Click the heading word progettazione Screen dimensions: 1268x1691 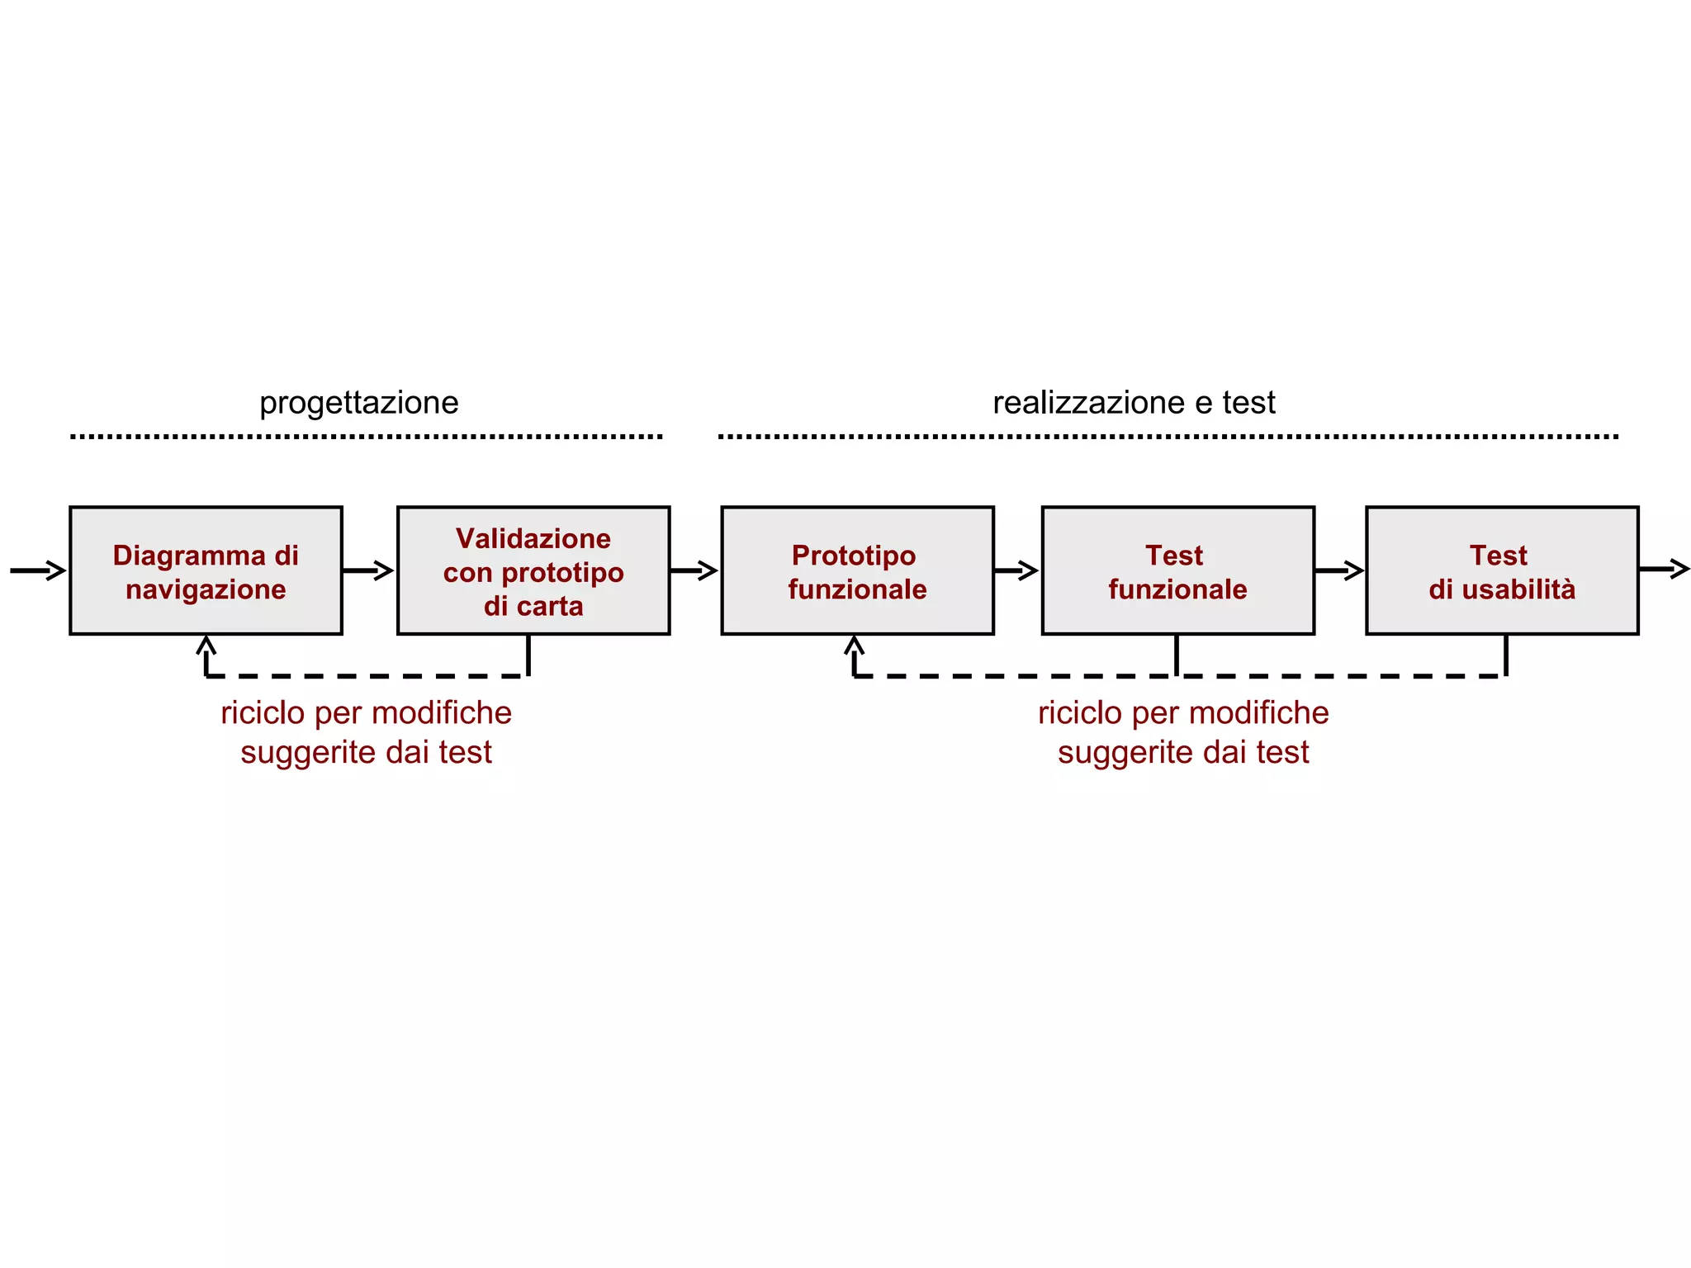358,403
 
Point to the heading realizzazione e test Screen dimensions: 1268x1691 1134,403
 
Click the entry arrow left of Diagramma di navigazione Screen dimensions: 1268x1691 38,570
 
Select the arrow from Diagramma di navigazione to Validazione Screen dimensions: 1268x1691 368,570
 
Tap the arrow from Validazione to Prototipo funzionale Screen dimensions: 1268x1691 694,570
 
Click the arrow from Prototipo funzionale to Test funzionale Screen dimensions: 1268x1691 1016,570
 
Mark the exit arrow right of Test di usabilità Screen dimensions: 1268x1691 1665,569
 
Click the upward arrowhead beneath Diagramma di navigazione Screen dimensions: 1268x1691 206,645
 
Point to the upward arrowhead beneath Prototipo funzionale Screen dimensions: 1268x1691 855,645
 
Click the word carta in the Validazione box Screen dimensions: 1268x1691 550,607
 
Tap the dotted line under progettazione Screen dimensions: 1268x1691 366,437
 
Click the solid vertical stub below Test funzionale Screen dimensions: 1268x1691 1177,655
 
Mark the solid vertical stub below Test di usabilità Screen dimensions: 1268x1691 1506,655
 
